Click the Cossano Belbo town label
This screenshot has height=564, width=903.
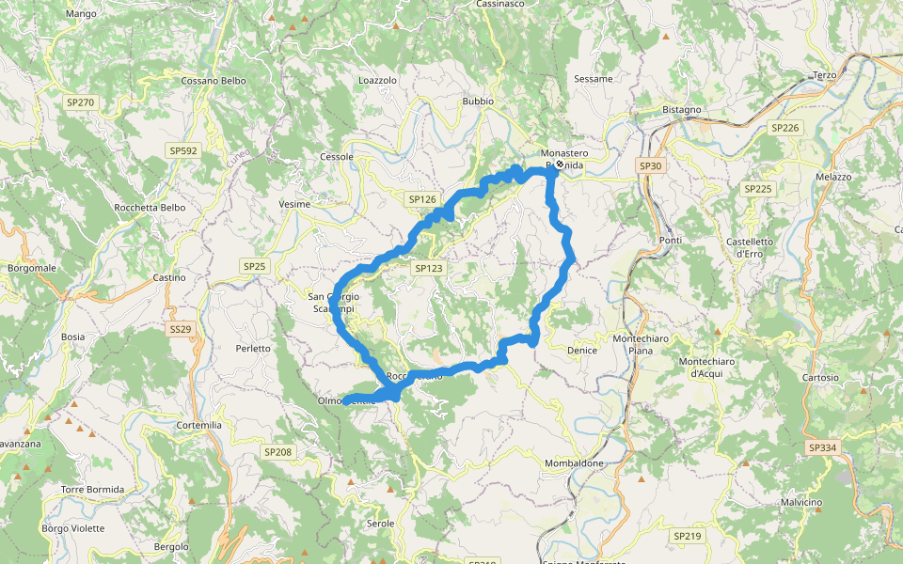click(x=214, y=81)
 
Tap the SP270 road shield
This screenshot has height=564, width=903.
click(x=79, y=102)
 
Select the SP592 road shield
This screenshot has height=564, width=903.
click(x=182, y=150)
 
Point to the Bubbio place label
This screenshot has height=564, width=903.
click(x=478, y=101)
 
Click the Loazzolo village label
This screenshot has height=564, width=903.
click(x=378, y=81)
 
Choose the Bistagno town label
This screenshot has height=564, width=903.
click(x=682, y=110)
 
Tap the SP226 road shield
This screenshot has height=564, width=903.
click(x=784, y=128)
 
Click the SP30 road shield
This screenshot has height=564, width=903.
click(x=650, y=166)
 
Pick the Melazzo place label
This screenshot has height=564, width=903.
click(x=833, y=177)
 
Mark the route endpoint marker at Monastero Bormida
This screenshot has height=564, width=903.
click(x=559, y=164)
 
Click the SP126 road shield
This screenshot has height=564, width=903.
click(x=422, y=199)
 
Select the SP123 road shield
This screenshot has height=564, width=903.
click(x=428, y=268)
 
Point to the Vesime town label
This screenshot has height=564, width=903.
click(x=294, y=204)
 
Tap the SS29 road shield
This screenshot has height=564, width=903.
click(x=181, y=329)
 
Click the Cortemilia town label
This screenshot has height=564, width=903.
click(x=199, y=425)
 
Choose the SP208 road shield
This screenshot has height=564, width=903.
click(x=277, y=452)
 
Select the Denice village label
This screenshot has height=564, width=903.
click(x=582, y=351)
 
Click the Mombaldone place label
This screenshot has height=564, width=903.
click(x=574, y=463)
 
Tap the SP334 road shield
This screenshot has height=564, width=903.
click(x=822, y=448)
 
